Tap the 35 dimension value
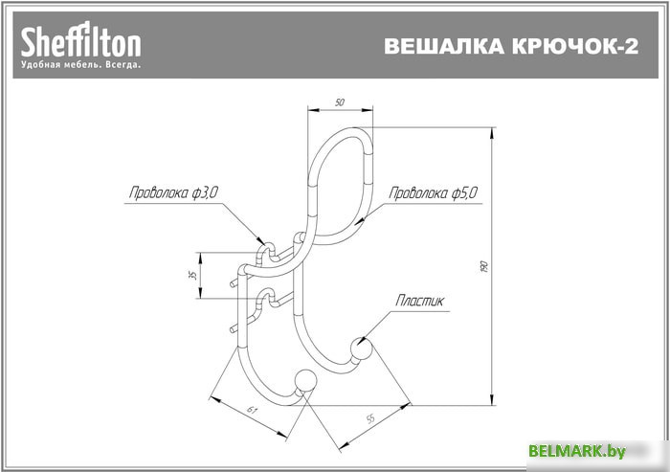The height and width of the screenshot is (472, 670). (x=190, y=276)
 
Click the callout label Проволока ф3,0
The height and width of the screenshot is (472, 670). (x=173, y=192)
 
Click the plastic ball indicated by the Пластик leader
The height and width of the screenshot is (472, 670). (x=362, y=348)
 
